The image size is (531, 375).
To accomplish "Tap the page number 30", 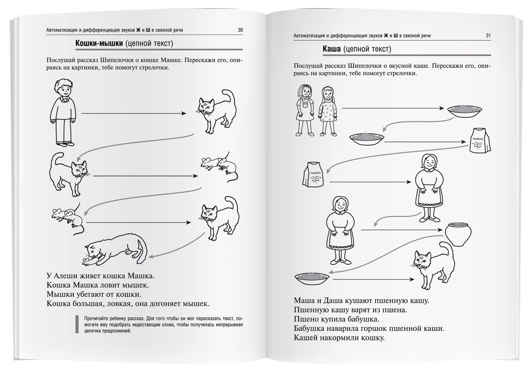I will click(x=240, y=30).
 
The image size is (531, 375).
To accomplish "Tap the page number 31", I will click(x=488, y=36).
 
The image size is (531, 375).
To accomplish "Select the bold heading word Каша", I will click(x=331, y=49).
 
